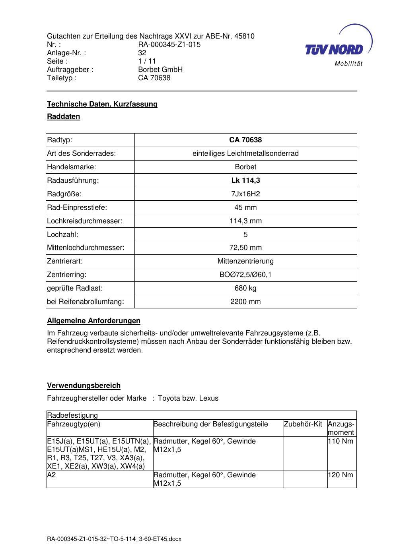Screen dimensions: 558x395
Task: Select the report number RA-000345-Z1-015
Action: pos(169,45)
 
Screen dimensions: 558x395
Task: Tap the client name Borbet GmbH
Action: pos(160,70)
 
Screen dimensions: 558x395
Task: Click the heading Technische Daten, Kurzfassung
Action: pos(102,104)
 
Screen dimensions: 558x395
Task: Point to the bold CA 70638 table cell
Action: pos(245,140)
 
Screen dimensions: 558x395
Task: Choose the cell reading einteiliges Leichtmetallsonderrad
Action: pos(245,153)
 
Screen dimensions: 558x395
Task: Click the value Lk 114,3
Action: pos(245,180)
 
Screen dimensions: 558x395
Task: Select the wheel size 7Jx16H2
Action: pos(245,194)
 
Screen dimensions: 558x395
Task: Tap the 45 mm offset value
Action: pos(245,207)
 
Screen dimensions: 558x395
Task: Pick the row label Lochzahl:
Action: pos(62,234)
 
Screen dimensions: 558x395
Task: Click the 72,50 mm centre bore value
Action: pos(245,248)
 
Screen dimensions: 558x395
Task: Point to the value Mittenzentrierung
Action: pos(245,261)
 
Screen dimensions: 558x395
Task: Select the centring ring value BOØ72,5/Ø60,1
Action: pos(245,275)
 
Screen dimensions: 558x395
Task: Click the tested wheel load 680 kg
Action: pos(245,288)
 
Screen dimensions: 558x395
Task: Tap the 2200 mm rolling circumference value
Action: pos(245,302)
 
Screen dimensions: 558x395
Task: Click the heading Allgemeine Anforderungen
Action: pos(93,321)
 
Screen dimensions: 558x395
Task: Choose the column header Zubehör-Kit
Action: pos(303,424)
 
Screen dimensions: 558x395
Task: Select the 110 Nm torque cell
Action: pos(340,441)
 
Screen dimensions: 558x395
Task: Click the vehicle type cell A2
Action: pos(51,475)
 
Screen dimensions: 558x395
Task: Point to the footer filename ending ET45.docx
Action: pos(114,539)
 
